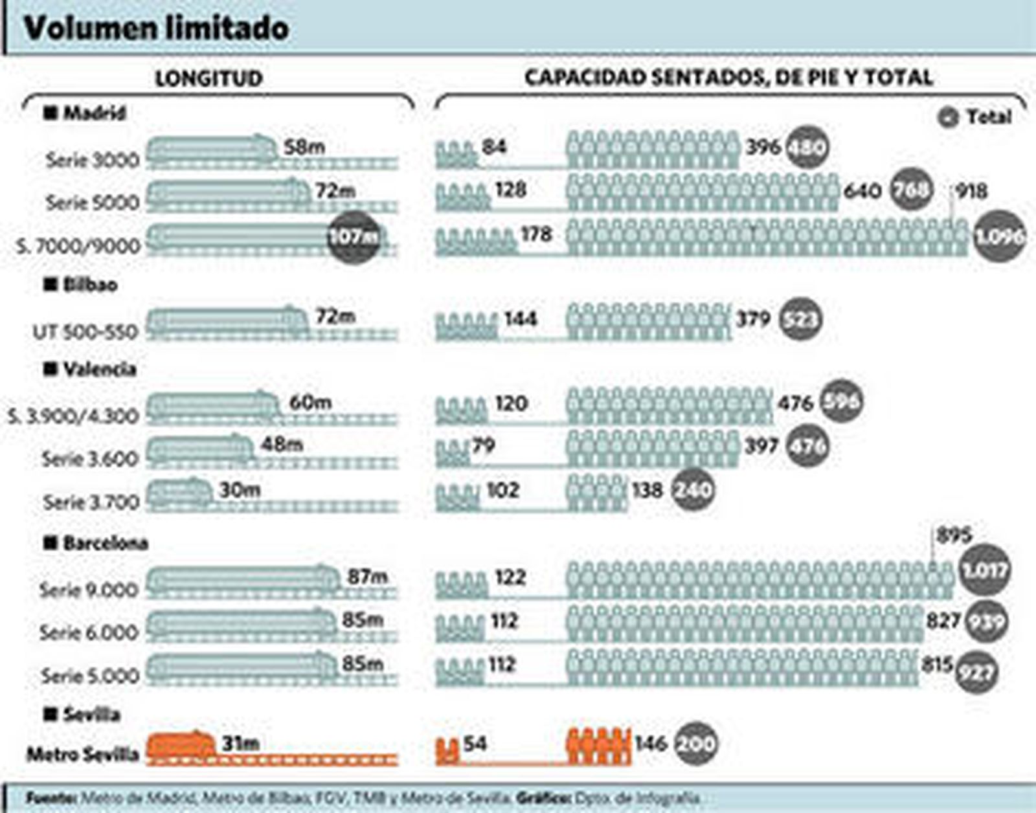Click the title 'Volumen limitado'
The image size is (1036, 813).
156,28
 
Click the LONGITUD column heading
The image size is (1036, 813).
208,78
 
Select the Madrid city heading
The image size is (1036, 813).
93,113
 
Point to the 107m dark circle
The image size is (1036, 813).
354,237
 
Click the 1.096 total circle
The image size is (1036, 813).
999,237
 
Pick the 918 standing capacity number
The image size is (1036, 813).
971,191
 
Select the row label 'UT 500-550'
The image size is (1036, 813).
85,332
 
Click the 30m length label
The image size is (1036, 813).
240,490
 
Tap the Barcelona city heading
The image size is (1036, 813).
105,543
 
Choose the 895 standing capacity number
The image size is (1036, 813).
954,535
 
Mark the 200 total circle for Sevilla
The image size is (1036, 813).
696,744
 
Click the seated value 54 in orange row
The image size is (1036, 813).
475,743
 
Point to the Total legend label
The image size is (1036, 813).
988,117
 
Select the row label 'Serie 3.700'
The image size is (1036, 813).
91,502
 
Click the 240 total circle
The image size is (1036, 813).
693,490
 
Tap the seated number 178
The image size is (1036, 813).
536,234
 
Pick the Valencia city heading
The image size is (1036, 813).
99,370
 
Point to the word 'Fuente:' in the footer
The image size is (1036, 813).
52,798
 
